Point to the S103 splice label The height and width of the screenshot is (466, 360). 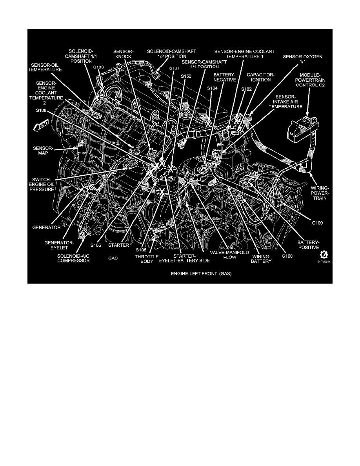click(98, 67)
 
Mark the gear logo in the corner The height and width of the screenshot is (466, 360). click(324, 254)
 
